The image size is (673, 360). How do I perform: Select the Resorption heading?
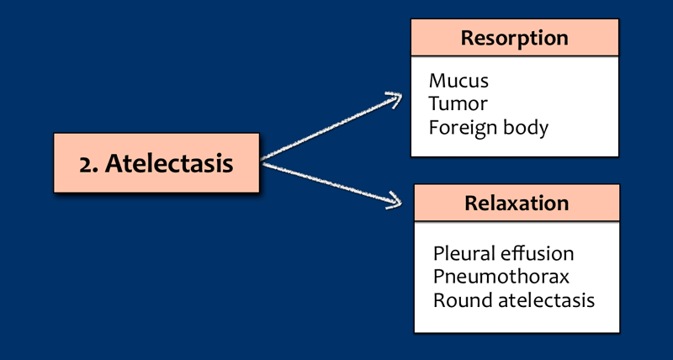pos(515,38)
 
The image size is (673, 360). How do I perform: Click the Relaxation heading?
pos(517,203)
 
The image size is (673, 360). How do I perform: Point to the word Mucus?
pos(458,82)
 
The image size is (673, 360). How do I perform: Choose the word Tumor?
pos(458,104)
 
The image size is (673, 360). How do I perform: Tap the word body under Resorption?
pos(525,128)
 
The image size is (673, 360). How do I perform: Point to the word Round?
pos(458,299)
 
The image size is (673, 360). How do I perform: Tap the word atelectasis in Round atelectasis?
pos(541,299)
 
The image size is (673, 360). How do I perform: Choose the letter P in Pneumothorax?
pos(438,276)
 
